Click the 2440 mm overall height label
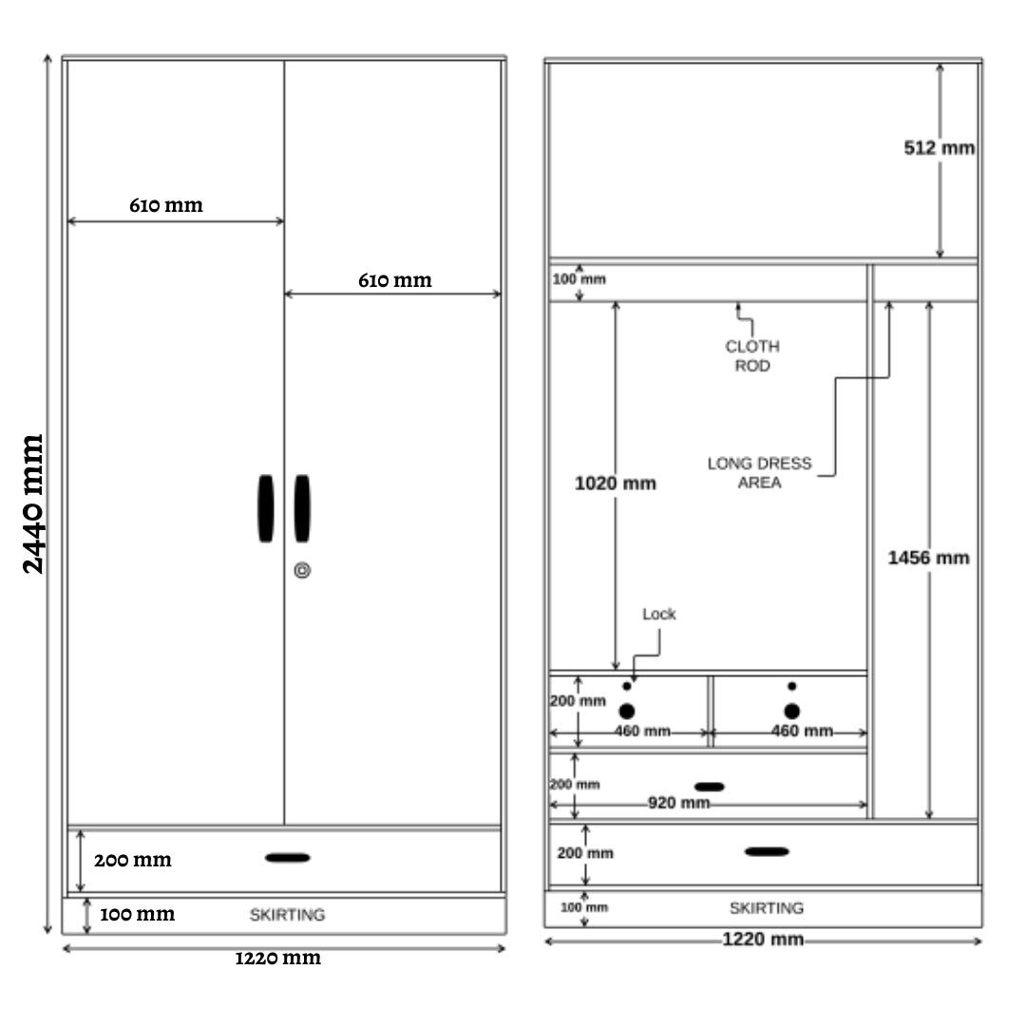[32, 503]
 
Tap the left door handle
[266, 508]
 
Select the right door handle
[302, 508]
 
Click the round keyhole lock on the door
[302, 571]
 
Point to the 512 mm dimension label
[939, 148]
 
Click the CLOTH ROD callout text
[751, 356]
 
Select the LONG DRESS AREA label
[759, 472]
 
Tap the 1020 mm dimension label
[615, 484]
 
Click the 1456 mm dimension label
[928, 559]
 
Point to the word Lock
[659, 614]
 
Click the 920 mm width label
[678, 803]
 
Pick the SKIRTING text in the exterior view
[287, 915]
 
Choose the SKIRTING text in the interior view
[767, 908]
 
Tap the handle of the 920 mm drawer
[710, 787]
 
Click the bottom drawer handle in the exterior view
[287, 858]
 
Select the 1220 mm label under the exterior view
[278, 958]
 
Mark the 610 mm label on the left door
[166, 205]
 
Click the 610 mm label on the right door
[394, 280]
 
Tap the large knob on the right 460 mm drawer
[791, 712]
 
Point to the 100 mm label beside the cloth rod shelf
[579, 279]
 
